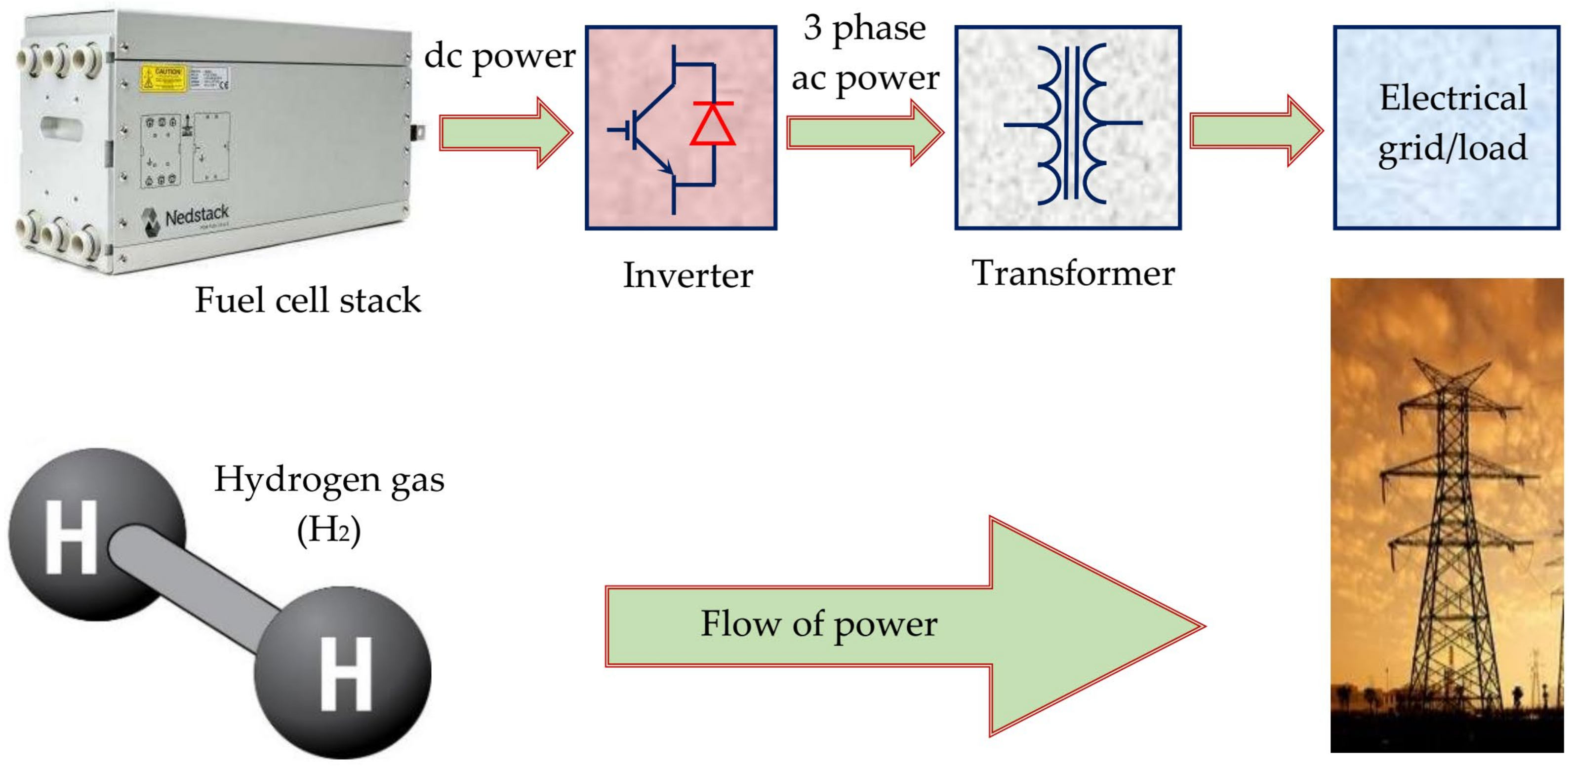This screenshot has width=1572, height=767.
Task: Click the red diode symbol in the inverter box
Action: pyautogui.click(x=712, y=124)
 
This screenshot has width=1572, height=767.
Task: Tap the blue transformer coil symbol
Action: pyautogui.click(x=1072, y=124)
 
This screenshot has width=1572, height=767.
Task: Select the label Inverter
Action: pyautogui.click(x=688, y=275)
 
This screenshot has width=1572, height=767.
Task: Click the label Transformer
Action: pyautogui.click(x=1073, y=273)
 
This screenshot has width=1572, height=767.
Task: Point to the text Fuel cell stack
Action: pyautogui.click(x=308, y=300)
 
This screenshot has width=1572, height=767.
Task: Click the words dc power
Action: pyautogui.click(x=499, y=56)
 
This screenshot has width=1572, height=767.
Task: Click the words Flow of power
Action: pyautogui.click(x=818, y=624)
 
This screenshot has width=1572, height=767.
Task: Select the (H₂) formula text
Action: pyautogui.click(x=329, y=531)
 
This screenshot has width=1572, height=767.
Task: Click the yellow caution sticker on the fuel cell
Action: pyautogui.click(x=163, y=77)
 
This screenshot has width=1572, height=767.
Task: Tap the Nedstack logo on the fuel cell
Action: pyautogui.click(x=186, y=217)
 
